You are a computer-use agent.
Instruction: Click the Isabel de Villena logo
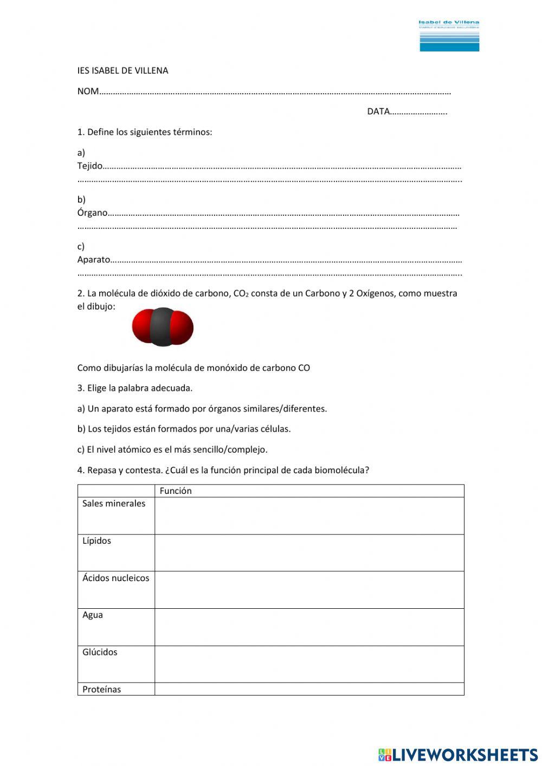point(449,36)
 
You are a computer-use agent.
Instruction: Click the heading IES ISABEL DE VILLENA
point(122,70)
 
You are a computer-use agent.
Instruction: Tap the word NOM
point(88,91)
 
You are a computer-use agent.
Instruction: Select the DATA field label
point(378,112)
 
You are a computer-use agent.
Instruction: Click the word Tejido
point(89,166)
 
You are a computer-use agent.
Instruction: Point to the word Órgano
point(92,213)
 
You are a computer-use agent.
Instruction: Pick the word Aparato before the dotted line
point(93,260)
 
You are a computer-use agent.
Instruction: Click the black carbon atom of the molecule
point(162,327)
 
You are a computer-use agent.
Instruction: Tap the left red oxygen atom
point(142,326)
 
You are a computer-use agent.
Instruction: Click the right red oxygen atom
point(183,327)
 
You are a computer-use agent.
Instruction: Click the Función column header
point(176,491)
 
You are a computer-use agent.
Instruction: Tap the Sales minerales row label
point(114,504)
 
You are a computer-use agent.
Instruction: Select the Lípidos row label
point(96,541)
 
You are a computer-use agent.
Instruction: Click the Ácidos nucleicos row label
point(115,578)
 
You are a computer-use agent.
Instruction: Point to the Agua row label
point(93,615)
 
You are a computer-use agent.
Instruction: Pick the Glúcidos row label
point(100,652)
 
